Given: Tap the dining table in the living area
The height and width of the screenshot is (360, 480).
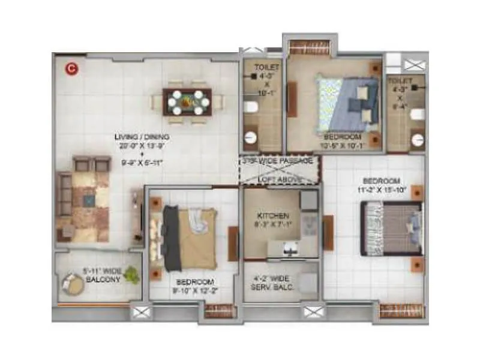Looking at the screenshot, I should point(187,102).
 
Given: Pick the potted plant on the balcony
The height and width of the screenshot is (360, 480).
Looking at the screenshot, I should point(132,275).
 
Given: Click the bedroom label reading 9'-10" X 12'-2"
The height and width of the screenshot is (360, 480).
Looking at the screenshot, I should point(196,286).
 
